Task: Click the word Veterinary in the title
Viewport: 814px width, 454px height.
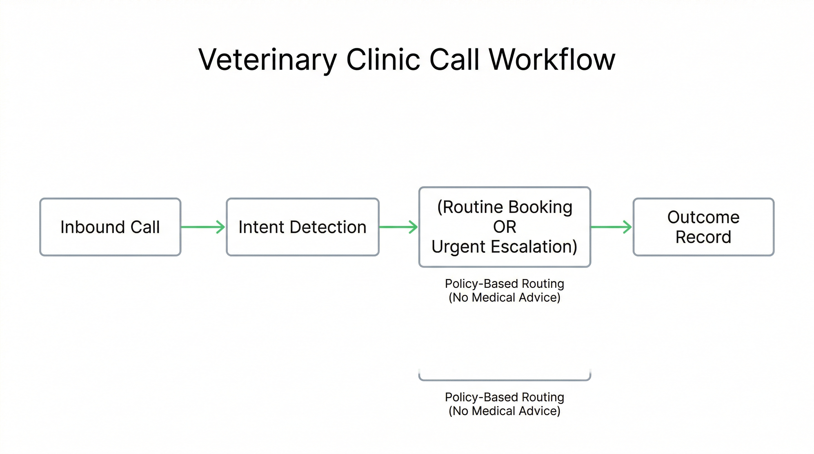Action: (x=267, y=60)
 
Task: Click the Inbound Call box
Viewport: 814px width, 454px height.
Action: (x=110, y=227)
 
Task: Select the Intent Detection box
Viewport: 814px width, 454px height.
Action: (x=302, y=227)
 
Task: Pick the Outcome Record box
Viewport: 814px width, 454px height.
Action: (x=703, y=227)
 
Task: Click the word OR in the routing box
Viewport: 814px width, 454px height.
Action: (x=505, y=227)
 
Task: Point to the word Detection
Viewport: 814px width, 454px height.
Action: (x=328, y=227)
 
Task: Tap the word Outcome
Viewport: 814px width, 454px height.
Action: (x=703, y=217)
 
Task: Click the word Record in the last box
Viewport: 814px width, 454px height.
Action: (x=703, y=237)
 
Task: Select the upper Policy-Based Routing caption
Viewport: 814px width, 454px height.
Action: (x=504, y=283)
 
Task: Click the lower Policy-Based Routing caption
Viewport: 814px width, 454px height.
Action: (x=504, y=397)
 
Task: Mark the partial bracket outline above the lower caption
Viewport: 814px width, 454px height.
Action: (x=505, y=380)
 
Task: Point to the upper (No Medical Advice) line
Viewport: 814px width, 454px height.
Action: (x=504, y=297)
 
